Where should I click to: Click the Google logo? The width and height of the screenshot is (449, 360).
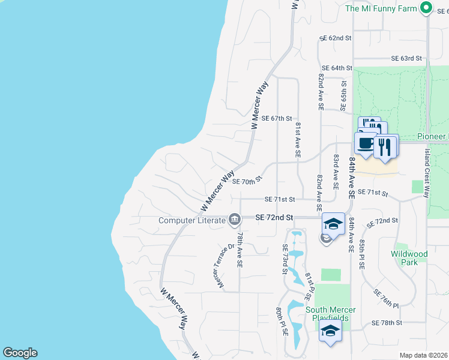click(20, 353)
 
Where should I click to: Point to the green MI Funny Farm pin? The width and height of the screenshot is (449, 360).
click(426, 8)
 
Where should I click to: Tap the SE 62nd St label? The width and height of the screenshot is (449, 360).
click(337, 38)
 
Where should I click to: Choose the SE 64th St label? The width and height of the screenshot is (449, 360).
click(336, 68)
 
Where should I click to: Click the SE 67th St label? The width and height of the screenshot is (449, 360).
click(277, 119)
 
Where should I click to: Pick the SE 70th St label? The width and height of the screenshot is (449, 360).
click(247, 181)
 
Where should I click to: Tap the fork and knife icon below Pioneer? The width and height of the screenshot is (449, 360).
click(385, 147)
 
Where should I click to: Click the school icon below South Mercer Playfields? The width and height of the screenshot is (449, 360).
click(330, 331)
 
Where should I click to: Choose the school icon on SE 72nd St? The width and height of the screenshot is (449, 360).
click(333, 224)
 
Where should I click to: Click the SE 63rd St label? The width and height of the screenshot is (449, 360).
click(407, 58)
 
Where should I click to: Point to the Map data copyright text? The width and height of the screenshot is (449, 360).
click(424, 355)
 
